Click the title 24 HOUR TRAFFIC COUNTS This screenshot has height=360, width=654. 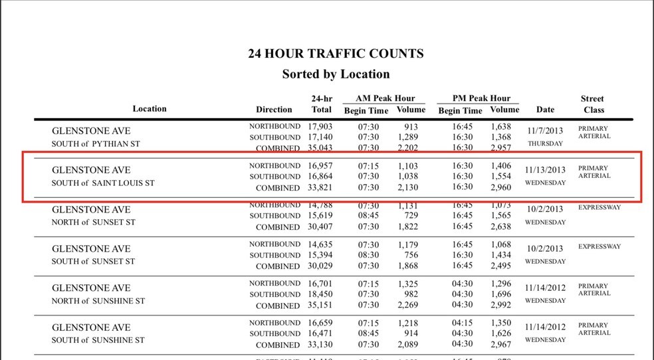pos(336,54)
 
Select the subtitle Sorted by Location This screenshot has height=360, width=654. pos(336,74)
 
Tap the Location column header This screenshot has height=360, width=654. pos(150,109)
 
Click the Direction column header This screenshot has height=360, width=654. pos(274,110)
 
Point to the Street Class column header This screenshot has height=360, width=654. pos(592,104)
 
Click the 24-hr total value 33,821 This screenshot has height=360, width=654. pos(321,188)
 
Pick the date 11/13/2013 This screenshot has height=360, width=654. pos(545,170)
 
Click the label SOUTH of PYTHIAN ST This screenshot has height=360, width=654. pos(96,143)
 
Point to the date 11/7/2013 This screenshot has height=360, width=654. pos(545,131)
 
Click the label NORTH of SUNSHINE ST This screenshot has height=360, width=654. pos(98,301)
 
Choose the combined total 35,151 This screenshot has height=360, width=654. pos(321,306)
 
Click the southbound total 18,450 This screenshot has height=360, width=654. pos(321,294)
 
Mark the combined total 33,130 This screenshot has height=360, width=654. pos(321,345)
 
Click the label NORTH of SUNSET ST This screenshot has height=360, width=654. pos(93,222)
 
